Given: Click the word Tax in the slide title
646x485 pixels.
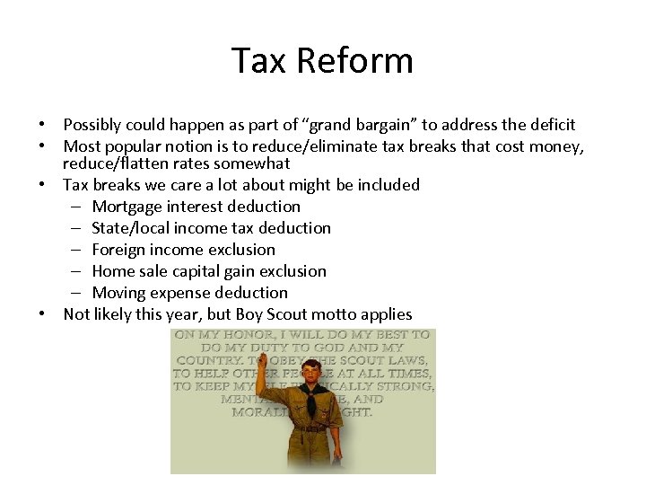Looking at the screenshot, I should [x=259, y=61].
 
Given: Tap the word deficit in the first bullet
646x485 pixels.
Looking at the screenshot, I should [x=548, y=125].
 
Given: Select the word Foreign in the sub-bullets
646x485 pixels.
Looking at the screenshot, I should [x=120, y=250].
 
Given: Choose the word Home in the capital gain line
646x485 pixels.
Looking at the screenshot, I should [x=113, y=271].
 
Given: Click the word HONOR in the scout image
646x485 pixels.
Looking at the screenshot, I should [x=240, y=334].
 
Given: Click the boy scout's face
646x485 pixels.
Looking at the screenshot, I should [x=311, y=375].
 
